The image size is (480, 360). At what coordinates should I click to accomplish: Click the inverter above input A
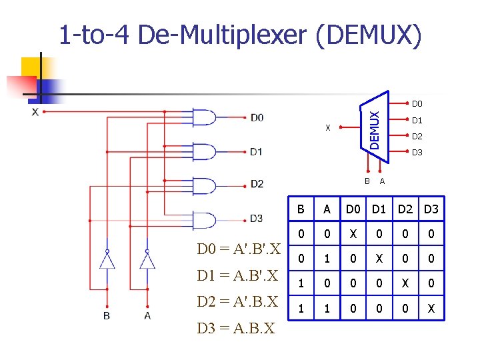point(147,259)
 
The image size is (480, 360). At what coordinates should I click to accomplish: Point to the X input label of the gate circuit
point(35,112)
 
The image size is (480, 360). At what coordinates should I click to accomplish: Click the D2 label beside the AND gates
point(257,183)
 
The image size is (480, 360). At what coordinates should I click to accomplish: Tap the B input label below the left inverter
point(107,315)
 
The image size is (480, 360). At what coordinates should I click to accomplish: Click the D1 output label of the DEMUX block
point(417,121)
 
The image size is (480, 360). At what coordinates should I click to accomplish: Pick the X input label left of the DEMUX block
point(327,128)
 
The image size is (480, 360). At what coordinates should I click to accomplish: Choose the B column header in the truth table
point(301,210)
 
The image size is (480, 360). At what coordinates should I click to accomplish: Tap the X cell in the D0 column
point(351,233)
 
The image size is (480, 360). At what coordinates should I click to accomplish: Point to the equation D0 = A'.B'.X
point(238,250)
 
